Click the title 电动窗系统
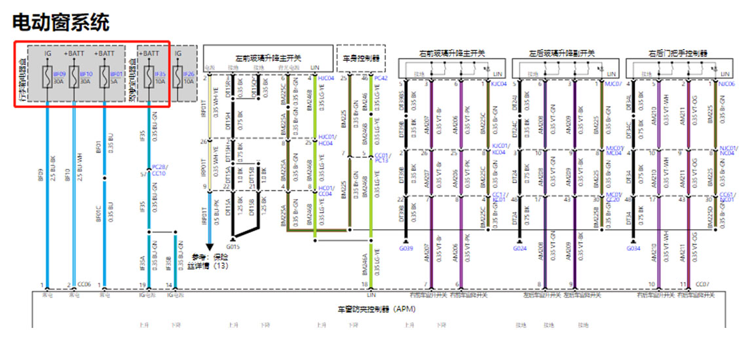(61, 22)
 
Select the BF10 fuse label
(86, 75)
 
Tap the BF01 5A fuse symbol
(104, 78)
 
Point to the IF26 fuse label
(189, 75)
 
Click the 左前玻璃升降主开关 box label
(268, 58)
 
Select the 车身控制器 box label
(360, 58)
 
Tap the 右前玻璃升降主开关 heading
(452, 53)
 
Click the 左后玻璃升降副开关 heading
(562, 53)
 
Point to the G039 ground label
(406, 248)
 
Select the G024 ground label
(520, 248)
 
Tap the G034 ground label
(633, 248)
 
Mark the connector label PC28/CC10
(159, 171)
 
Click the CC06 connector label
(83, 284)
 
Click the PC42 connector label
(381, 78)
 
